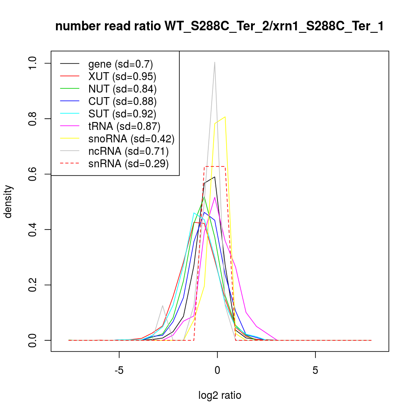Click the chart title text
click(219, 27)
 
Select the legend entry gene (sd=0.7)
click(120, 64)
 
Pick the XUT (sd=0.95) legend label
click(122, 76)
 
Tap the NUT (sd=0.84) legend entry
click(122, 89)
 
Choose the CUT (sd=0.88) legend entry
click(122, 101)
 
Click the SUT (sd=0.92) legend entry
click(122, 113)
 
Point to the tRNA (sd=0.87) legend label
click(124, 126)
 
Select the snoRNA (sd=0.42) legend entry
click(131, 138)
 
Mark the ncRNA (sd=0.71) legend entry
click(128, 151)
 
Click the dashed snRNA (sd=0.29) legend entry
click(128, 164)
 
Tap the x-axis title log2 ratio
click(220, 395)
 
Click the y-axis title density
click(9, 201)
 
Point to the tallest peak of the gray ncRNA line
click(215, 62)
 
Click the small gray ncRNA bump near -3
click(162, 306)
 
